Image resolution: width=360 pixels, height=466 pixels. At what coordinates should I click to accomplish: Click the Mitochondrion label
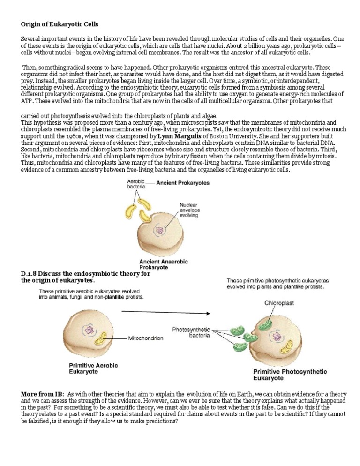coord(145,337)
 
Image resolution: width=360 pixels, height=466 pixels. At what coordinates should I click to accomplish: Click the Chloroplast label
coord(279,303)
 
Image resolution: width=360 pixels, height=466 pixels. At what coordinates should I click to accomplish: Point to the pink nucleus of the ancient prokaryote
coord(162,231)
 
